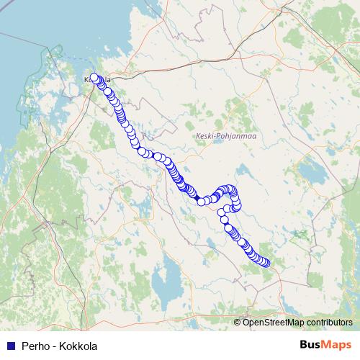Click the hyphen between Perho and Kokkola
(55, 346)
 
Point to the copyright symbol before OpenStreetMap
(238, 323)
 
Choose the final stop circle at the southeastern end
(266, 263)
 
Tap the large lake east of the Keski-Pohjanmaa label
(312, 173)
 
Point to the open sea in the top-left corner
(22, 22)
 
